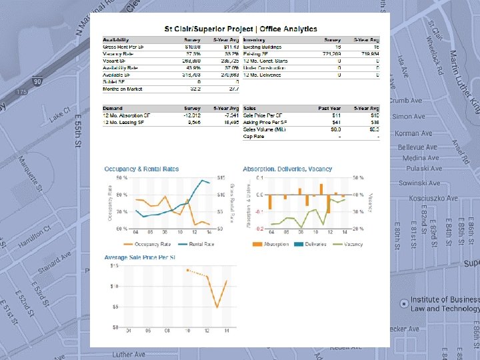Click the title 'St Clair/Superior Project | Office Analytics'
click(x=241, y=29)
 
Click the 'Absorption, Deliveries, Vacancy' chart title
click(x=287, y=169)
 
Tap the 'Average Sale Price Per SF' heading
click(x=139, y=257)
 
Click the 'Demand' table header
click(x=113, y=108)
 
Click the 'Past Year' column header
click(x=331, y=108)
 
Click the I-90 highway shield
click(x=39, y=81)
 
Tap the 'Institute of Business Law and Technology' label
click(x=443, y=304)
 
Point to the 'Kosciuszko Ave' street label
click(x=433, y=198)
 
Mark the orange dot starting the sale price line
click(x=188, y=270)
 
